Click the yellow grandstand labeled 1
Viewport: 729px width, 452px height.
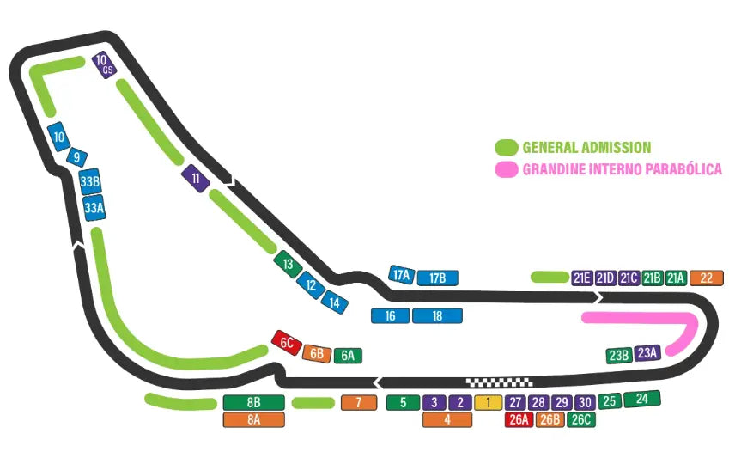pos(488,402)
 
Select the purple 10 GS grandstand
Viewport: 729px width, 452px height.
pos(104,65)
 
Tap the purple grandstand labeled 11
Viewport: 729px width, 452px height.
pos(196,179)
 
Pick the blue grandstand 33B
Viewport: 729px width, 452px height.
pos(89,182)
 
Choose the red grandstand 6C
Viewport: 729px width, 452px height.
pos(286,343)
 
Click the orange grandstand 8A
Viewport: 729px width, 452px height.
pos(253,419)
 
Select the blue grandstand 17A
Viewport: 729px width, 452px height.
pos(401,275)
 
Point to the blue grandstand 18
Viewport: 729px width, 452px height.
pos(437,315)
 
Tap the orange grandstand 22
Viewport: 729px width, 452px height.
pos(706,277)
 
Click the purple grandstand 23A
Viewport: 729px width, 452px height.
pos(647,351)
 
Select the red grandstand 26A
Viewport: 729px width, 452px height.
pos(518,419)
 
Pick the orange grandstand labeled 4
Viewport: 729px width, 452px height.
pos(447,419)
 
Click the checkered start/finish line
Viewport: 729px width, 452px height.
pos(499,382)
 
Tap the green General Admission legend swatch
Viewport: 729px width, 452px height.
pos(506,147)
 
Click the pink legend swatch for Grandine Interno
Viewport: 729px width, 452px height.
pos(506,169)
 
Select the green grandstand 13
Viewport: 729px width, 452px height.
pos(288,264)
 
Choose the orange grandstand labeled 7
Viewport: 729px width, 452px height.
pos(359,402)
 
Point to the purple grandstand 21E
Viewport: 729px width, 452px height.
pos(582,277)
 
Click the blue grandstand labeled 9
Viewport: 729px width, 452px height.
pos(77,157)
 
